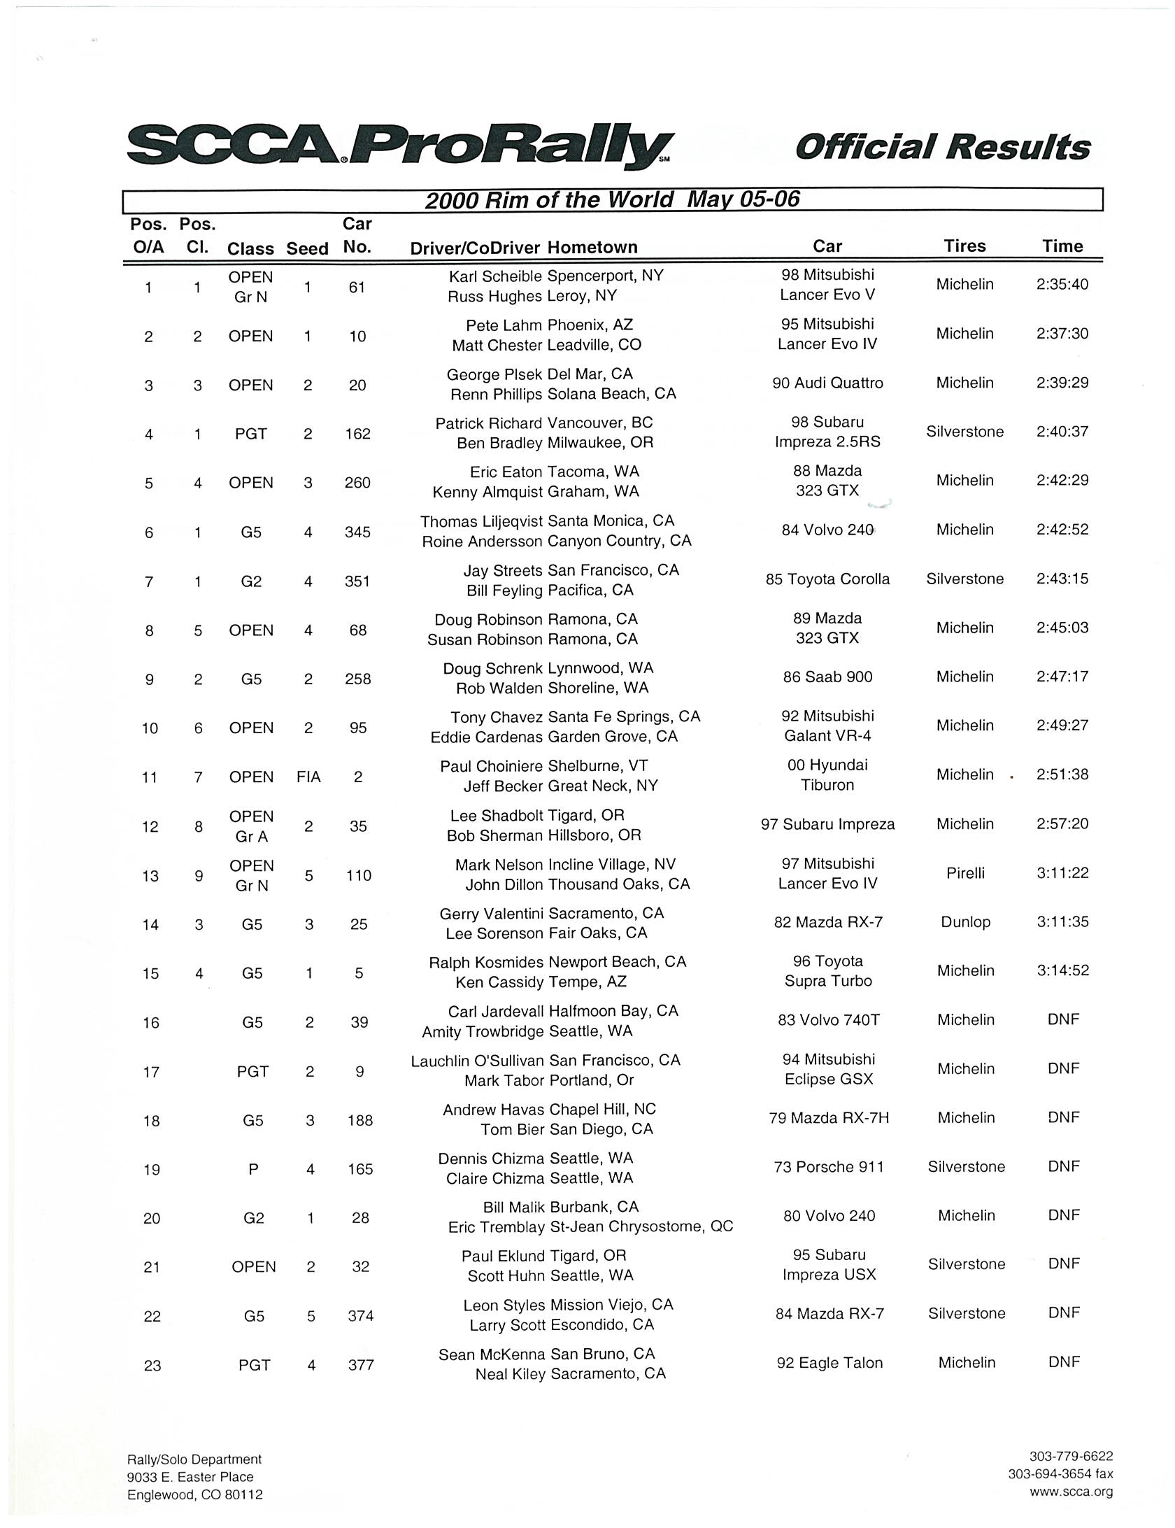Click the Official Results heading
pos(943,148)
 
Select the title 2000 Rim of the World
pos(549,200)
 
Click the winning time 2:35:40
pos(1062,285)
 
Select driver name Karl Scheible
pos(495,276)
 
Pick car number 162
pos(357,434)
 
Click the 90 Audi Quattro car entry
pos(827,383)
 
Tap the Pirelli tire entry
pos(965,873)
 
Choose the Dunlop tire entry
pos(965,922)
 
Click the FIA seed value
pos(308,777)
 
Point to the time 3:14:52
pos(1062,970)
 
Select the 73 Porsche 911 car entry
pos(829,1167)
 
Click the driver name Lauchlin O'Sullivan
pos(478,1060)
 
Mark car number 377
pos(361,1365)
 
